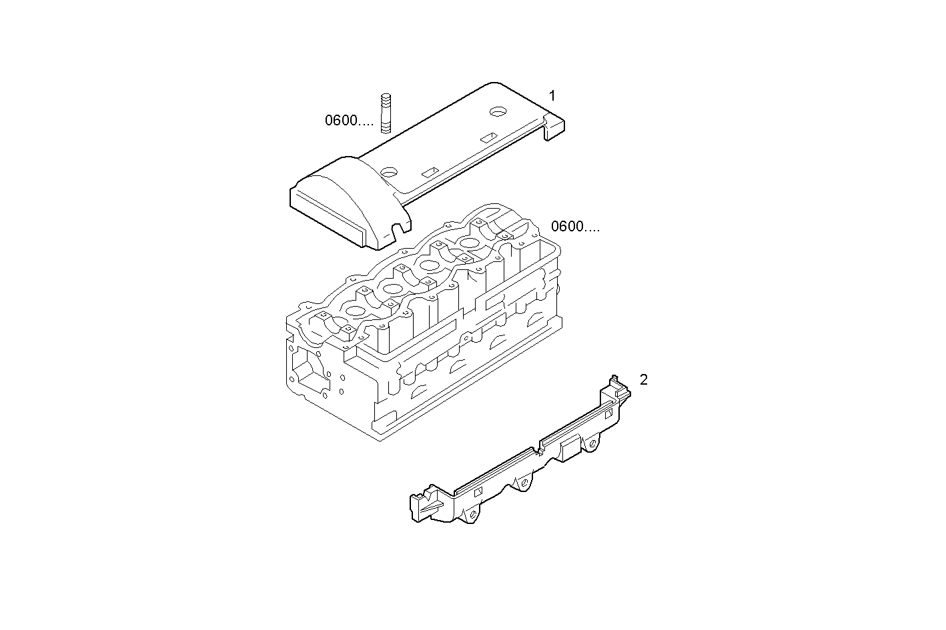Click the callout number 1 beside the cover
click(552, 95)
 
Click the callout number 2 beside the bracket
click(643, 380)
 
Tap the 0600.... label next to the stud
click(349, 121)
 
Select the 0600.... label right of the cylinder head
click(575, 227)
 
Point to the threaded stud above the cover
click(386, 113)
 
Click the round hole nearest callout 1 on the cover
click(498, 110)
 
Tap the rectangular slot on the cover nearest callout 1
click(488, 137)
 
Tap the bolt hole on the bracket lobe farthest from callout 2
click(472, 515)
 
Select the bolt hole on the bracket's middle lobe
click(524, 481)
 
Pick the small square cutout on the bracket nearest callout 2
click(608, 414)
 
